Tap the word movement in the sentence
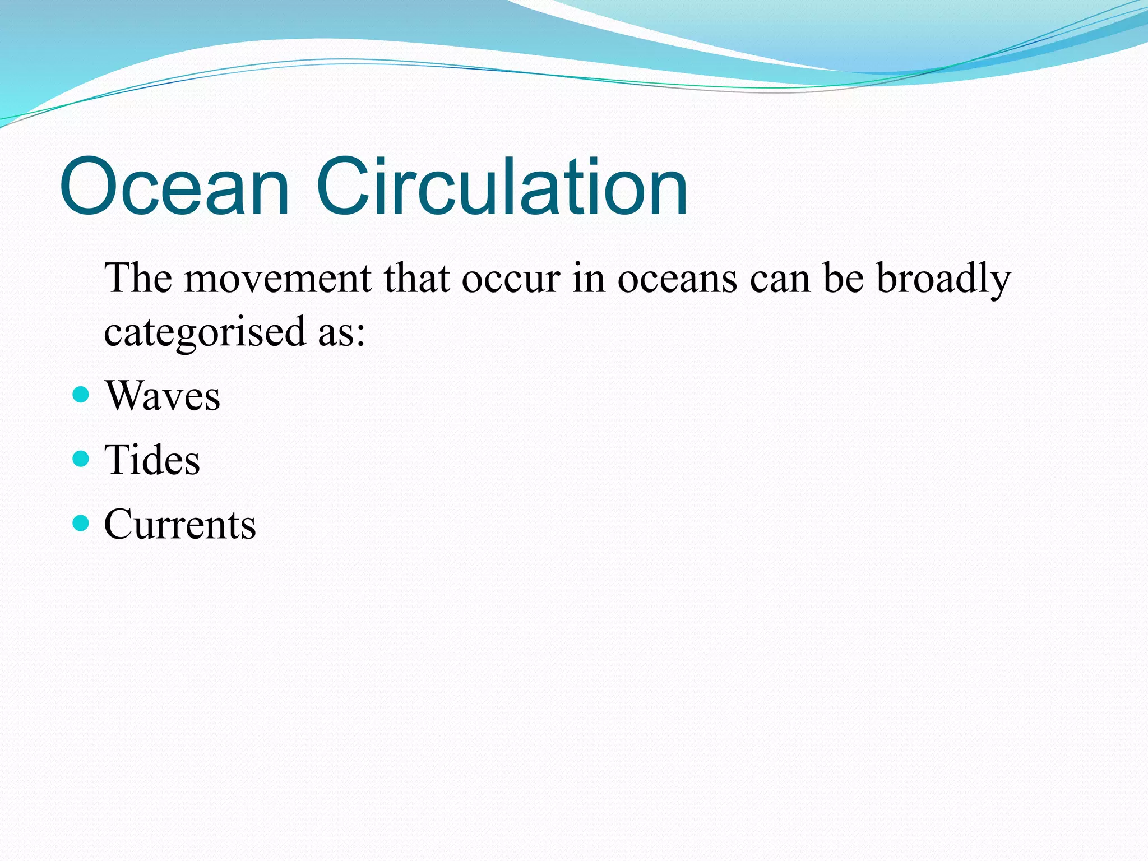[277, 279]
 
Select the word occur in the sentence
[511, 279]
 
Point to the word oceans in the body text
[677, 279]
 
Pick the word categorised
[204, 332]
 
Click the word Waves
[163, 396]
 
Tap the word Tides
[152, 460]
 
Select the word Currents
[180, 525]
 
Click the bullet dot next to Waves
[81, 395]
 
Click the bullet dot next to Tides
[81, 459]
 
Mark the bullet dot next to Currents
[81, 523]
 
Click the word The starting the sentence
[138, 279]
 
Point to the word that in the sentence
[416, 279]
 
